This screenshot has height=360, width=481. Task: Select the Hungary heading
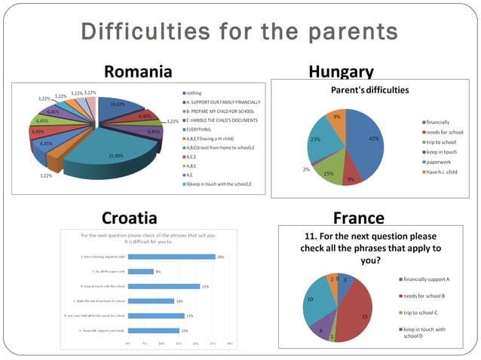pyautogui.click(x=341, y=72)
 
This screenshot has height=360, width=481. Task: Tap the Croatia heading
pyautogui.click(x=129, y=218)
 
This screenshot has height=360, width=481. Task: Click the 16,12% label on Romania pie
pyautogui.click(x=118, y=105)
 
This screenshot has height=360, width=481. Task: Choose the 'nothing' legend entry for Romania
pyautogui.click(x=194, y=93)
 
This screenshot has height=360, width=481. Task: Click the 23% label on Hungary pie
pyautogui.click(x=315, y=139)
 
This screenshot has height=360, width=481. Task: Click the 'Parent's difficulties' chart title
pyautogui.click(x=370, y=90)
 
